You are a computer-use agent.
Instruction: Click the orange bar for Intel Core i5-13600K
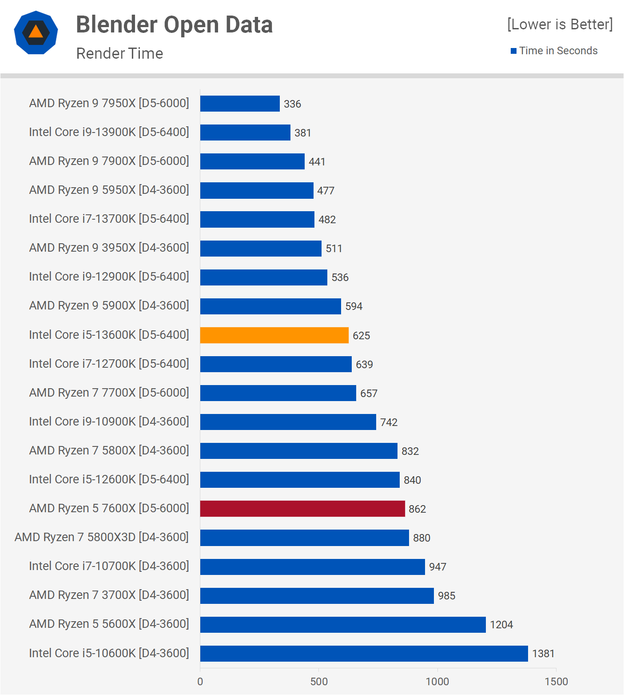point(274,335)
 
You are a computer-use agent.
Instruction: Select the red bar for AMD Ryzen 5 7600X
point(302,509)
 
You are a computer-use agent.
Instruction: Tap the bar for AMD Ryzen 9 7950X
point(240,104)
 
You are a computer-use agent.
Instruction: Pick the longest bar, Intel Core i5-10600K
point(364,654)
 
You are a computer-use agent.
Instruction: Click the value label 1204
point(501,625)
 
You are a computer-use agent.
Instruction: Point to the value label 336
point(292,104)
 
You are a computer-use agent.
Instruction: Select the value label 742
point(389,422)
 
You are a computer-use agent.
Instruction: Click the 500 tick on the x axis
point(319,681)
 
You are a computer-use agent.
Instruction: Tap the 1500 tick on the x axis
point(556,681)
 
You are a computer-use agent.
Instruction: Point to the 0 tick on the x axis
point(200,681)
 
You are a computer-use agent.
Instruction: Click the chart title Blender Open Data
point(174,24)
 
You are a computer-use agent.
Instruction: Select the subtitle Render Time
point(119,53)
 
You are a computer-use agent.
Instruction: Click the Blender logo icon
point(36,32)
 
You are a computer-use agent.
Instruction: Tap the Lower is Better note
point(560,24)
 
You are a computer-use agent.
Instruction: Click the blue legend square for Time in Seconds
point(513,51)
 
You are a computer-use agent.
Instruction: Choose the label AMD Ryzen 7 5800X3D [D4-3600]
point(102,537)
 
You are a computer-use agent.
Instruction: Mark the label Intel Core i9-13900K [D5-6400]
point(109,132)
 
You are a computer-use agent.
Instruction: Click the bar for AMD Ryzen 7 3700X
point(317,596)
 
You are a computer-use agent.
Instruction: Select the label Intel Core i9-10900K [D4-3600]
point(109,422)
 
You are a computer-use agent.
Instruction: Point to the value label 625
point(361,336)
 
